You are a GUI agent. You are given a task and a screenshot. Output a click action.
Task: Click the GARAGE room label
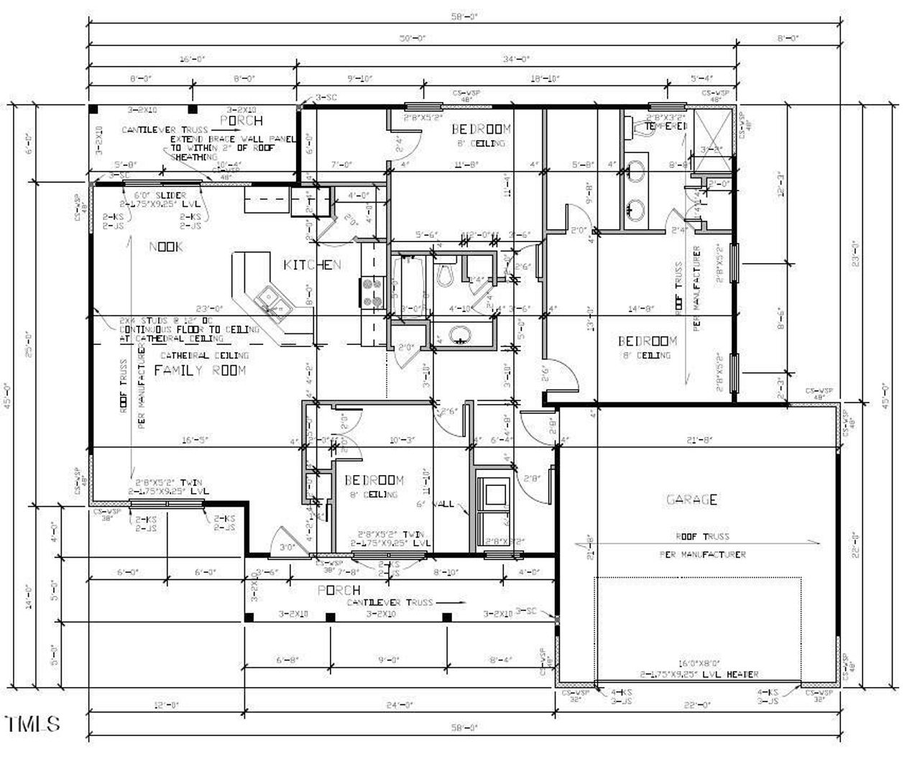coord(691,500)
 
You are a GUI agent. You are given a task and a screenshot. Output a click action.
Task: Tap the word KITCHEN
coord(312,265)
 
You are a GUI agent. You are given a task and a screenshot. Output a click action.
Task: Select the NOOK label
coord(166,247)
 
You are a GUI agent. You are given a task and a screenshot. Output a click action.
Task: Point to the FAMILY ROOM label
coord(200,370)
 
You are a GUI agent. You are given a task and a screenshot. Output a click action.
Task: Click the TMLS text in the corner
coord(32,724)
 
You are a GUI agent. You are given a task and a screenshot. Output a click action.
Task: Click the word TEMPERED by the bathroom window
coord(666,126)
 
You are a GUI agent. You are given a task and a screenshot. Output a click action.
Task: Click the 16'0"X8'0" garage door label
coord(699,664)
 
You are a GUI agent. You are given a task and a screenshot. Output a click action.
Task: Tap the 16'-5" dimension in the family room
coord(195,440)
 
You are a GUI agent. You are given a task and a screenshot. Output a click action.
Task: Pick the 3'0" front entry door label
coord(287,548)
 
